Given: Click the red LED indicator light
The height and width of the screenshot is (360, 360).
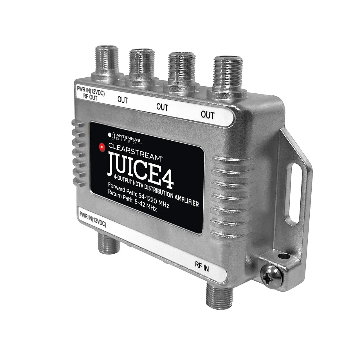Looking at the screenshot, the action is (x=102, y=147).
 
